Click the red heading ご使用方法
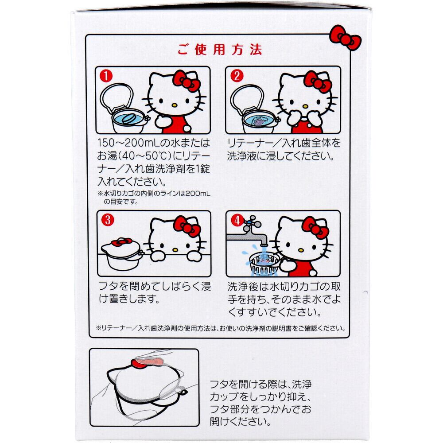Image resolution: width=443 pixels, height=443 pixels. click(220, 50)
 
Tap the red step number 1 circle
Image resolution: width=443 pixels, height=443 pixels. click(106, 76)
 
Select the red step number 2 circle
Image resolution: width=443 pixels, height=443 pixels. click(237, 76)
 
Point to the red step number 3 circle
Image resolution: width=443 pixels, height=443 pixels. click(107, 220)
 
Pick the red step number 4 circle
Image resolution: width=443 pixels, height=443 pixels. click(237, 220)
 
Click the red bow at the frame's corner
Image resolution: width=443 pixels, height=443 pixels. click(345, 38)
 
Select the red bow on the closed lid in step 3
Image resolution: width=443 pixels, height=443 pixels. click(121, 242)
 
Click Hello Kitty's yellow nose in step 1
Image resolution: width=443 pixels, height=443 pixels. click(175, 105)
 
